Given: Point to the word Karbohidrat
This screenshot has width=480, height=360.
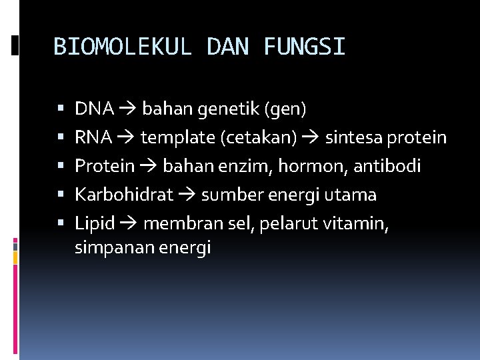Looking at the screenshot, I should [124, 195].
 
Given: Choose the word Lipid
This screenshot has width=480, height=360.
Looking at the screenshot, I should [95, 223].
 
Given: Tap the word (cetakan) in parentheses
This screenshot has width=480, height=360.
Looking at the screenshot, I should [265, 137].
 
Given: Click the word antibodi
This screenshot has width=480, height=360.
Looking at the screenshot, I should [387, 166].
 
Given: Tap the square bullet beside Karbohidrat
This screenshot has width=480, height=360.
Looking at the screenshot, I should [60, 195].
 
